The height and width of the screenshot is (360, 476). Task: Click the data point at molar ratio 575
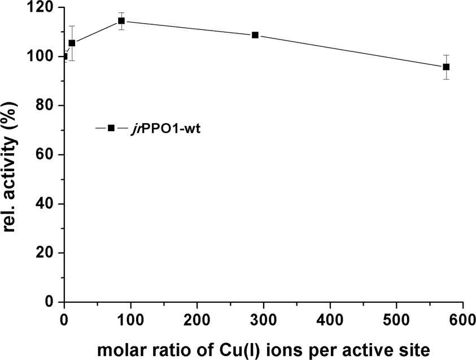446,67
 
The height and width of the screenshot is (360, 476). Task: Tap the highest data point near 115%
121,21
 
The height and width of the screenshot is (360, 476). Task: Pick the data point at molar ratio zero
64,57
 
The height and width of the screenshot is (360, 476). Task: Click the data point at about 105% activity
72,43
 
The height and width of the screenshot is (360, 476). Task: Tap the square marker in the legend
111,128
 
